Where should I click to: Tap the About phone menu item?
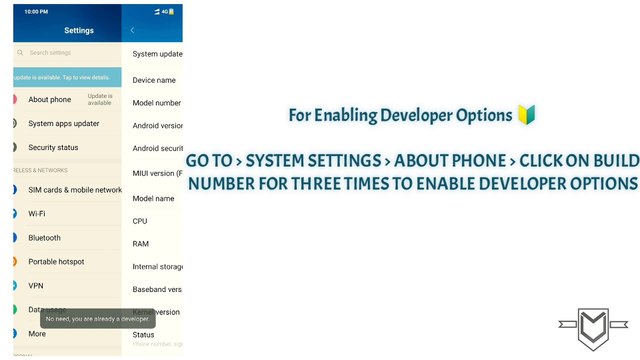49,99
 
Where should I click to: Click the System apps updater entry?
63,123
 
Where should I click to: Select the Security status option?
53,147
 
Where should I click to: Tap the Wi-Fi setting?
36,213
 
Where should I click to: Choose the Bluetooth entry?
44,238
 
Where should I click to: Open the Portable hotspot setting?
56,262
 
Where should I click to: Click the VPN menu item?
36,285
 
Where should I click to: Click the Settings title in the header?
78,30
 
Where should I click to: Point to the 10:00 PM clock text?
38,11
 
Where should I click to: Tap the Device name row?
154,80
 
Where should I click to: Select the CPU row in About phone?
140,221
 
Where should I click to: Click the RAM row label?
141,244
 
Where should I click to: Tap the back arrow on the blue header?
133,30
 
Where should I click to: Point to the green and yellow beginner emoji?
527,115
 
